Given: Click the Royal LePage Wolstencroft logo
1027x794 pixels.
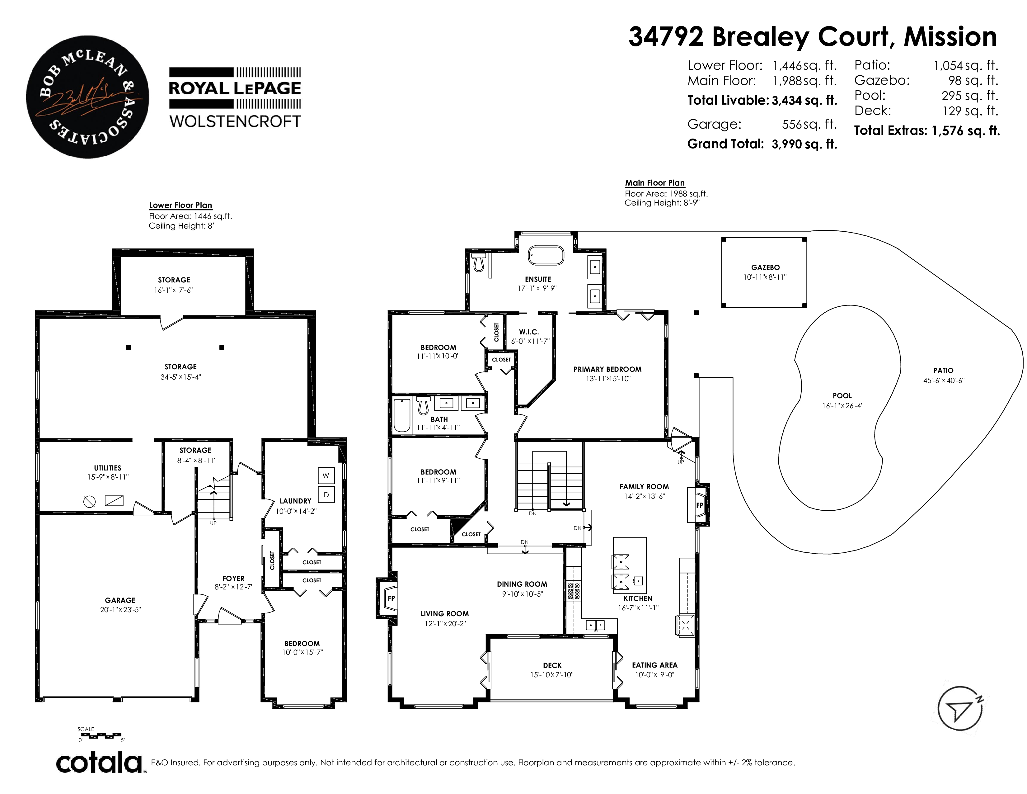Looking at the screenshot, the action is [x=235, y=98].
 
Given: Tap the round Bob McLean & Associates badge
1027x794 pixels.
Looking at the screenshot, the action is [x=87, y=97].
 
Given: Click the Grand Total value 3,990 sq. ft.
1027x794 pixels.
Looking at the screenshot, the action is [x=804, y=144].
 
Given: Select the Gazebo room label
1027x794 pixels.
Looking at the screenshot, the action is [x=765, y=267].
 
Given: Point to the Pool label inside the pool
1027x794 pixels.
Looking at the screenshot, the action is [x=842, y=395].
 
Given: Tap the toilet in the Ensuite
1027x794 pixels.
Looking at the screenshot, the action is [x=479, y=262].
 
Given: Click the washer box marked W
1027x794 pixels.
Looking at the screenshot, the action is [x=326, y=475].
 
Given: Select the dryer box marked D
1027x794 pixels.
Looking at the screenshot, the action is [x=326, y=495].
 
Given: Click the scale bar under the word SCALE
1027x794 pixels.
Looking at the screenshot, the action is [x=100, y=735].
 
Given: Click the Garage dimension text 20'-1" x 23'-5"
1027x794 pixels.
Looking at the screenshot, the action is [x=120, y=610].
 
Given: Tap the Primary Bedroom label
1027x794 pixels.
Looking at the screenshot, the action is [x=607, y=369].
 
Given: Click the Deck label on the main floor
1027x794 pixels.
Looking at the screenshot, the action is [x=552, y=665].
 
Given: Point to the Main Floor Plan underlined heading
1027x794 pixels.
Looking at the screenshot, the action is [x=654, y=183].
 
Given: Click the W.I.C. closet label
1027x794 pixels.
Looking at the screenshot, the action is [x=529, y=332].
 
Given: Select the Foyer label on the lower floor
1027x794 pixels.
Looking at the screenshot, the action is [x=233, y=579].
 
